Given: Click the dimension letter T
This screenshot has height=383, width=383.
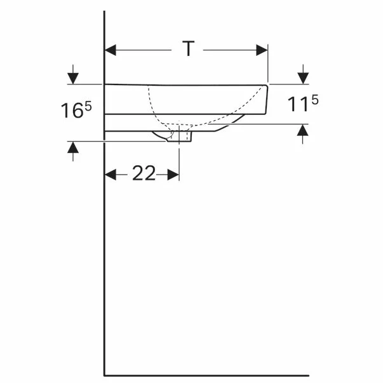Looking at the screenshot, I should pyautogui.click(x=188, y=49).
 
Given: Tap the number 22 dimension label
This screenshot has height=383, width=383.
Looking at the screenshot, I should pyautogui.click(x=144, y=174).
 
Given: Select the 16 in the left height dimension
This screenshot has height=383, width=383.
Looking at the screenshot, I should pyautogui.click(x=72, y=111).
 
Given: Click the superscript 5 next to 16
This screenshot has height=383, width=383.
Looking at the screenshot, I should pyautogui.click(x=88, y=106).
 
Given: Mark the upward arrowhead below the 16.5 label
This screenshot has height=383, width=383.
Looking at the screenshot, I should pyautogui.click(x=74, y=147).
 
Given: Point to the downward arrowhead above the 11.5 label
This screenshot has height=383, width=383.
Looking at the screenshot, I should pyautogui.click(x=303, y=78).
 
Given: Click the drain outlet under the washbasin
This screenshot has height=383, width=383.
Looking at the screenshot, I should pyautogui.click(x=180, y=136).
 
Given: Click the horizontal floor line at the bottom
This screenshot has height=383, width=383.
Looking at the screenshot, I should pyautogui.click(x=203, y=375).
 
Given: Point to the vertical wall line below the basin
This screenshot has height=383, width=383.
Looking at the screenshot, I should pyautogui.click(x=104, y=254).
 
